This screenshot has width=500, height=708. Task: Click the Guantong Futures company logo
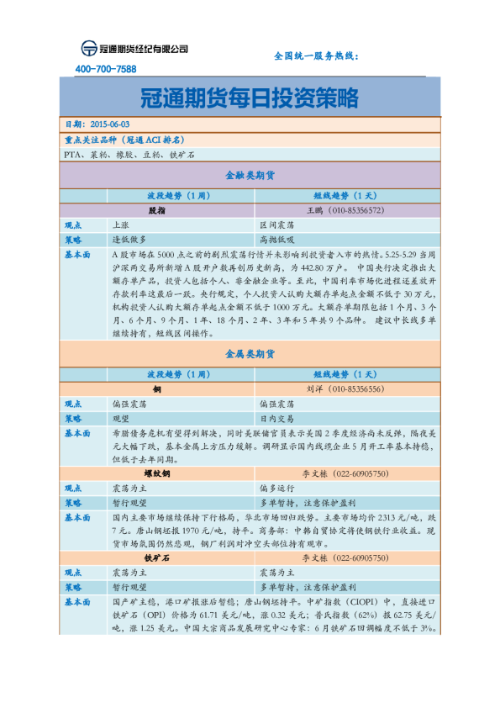pos(134,49)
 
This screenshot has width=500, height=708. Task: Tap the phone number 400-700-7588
pos(106,69)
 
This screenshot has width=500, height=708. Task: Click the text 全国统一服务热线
pos(317,55)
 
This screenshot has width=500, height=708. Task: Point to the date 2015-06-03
pos(107,124)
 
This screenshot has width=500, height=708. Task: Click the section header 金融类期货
pos(250,177)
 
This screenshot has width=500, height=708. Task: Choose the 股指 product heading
pos(156,210)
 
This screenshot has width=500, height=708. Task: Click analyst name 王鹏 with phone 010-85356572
pos(345,210)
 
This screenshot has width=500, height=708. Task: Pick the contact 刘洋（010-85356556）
pos(345,390)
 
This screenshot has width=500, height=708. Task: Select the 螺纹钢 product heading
pos(156,474)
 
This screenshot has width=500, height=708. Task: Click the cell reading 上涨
pos(120,225)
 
